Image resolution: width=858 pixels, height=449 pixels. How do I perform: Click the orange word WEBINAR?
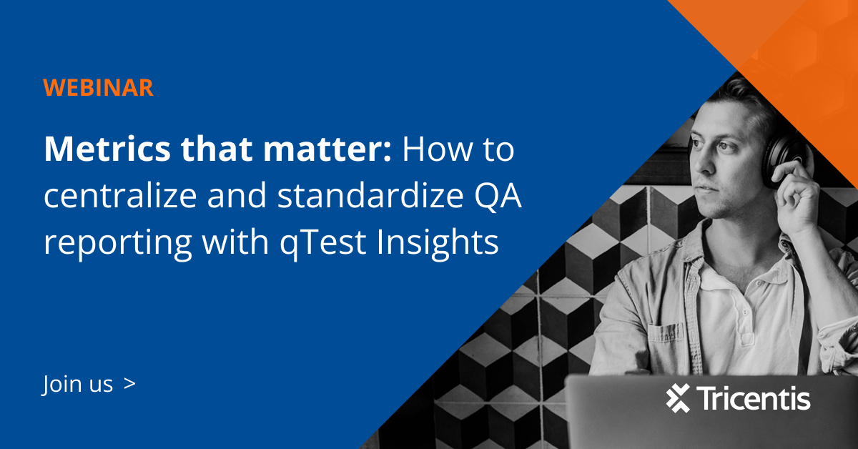point(98,87)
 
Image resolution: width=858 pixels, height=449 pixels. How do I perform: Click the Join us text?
point(78,385)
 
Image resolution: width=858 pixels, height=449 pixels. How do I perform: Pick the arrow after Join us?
point(129,384)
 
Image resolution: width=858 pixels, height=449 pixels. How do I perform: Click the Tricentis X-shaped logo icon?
point(678,398)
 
